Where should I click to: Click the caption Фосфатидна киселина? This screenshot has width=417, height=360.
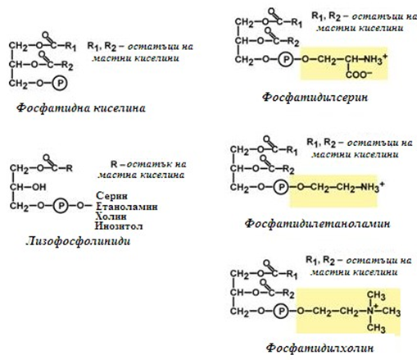81,108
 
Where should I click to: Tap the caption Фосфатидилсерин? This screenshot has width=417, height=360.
315,98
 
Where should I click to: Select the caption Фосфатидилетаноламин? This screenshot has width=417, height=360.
317,224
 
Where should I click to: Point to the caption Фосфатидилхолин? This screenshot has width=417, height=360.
320,349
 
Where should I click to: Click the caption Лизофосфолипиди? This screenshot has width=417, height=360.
78,241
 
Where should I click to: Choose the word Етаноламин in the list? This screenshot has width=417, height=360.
127,206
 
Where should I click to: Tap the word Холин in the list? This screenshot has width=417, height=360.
111,216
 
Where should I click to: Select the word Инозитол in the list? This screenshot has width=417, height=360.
119,226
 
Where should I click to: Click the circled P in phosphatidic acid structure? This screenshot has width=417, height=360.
60,83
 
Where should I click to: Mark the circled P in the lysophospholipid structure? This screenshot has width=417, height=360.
61,206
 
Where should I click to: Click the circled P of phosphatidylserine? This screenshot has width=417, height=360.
285,59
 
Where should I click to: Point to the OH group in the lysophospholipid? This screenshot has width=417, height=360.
39,187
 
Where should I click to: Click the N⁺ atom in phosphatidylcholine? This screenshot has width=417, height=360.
371,311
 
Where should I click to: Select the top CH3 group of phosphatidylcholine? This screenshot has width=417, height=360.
376,295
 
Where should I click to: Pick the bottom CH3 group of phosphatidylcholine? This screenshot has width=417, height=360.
376,328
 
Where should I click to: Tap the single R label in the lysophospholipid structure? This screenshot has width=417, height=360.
69,168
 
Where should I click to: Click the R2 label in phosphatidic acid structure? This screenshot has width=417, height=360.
67,66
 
